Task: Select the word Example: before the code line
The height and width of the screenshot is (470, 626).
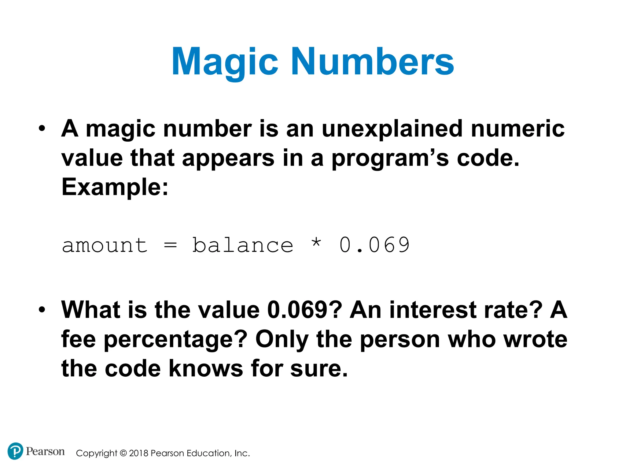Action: (x=115, y=187)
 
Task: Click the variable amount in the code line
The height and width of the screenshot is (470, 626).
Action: (x=105, y=245)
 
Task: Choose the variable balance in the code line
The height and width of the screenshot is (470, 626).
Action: (x=243, y=245)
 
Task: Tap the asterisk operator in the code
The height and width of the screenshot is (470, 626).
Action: (x=316, y=243)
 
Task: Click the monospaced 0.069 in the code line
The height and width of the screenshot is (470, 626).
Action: (x=374, y=245)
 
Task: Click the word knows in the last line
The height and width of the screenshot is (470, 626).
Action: (x=206, y=368)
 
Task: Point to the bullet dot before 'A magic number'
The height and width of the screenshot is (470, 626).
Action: (x=42, y=128)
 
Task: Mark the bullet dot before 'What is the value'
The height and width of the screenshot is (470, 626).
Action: (x=42, y=309)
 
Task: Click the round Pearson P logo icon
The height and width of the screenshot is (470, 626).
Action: (x=15, y=451)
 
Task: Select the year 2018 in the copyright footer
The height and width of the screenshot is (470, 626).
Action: (x=139, y=453)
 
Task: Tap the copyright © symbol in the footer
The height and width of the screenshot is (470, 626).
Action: (x=123, y=453)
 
